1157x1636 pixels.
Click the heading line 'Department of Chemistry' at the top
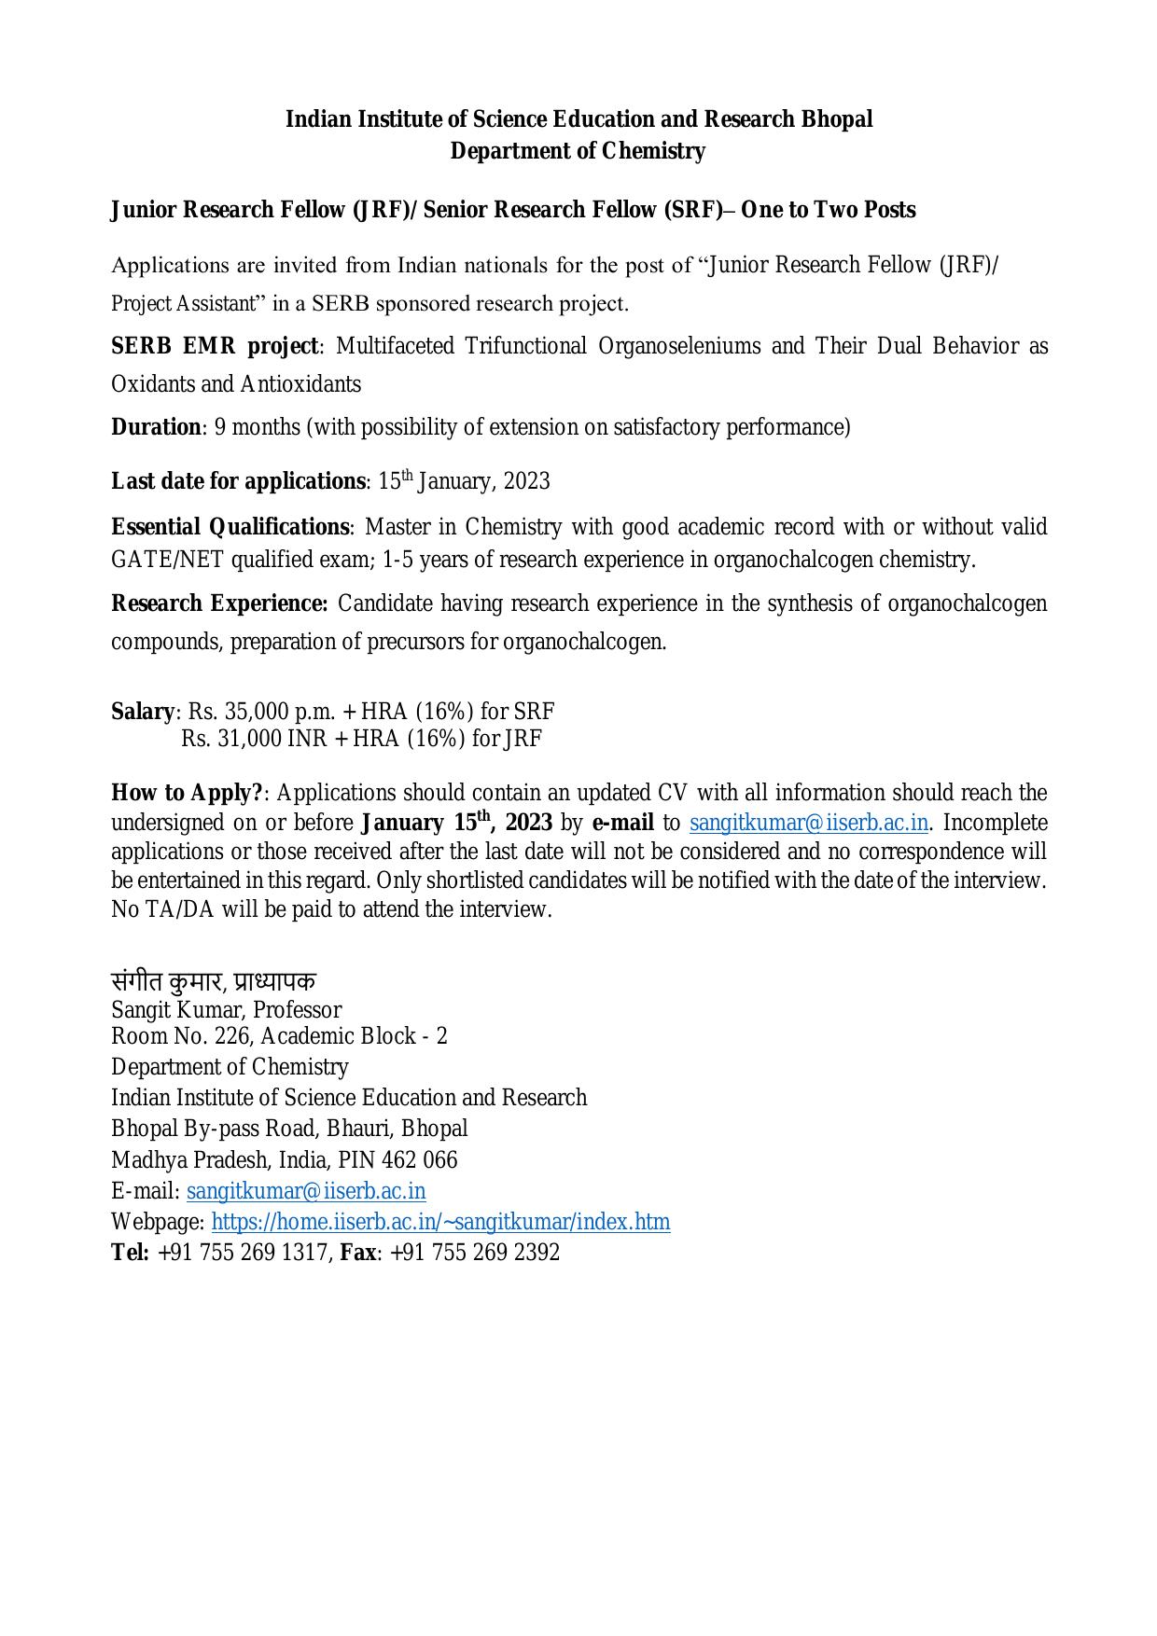click(578, 151)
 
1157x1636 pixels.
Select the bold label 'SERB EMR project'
click(215, 346)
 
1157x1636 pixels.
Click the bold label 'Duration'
click(156, 427)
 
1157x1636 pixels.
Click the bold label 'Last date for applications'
click(238, 481)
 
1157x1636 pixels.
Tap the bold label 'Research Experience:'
click(219, 603)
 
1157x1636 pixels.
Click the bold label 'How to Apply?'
click(188, 793)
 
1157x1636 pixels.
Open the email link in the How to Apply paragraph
click(808, 823)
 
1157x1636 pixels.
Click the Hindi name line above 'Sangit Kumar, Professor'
click(214, 981)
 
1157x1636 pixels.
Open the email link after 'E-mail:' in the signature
click(306, 1191)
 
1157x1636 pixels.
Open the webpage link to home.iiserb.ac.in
click(440, 1222)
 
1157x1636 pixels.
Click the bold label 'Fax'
click(357, 1253)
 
